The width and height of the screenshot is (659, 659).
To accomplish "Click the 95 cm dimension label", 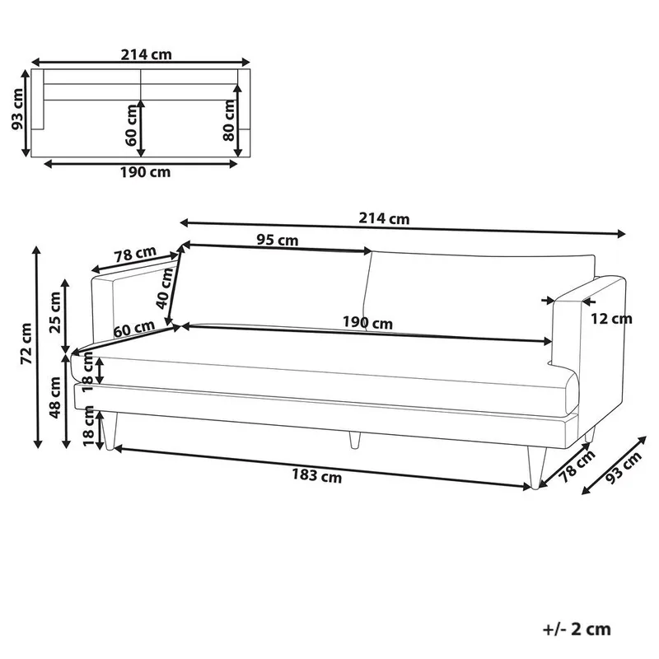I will point(277,241).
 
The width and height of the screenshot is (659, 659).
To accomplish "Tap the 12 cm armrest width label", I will point(612,319).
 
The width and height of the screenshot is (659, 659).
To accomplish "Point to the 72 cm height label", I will point(26,344).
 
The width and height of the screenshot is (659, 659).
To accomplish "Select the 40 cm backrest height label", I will point(167,288).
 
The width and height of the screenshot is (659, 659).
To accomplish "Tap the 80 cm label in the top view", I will point(228,124).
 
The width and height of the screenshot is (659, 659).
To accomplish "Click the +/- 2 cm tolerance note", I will point(577,629).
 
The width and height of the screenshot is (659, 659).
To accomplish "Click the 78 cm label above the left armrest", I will point(134,256).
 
